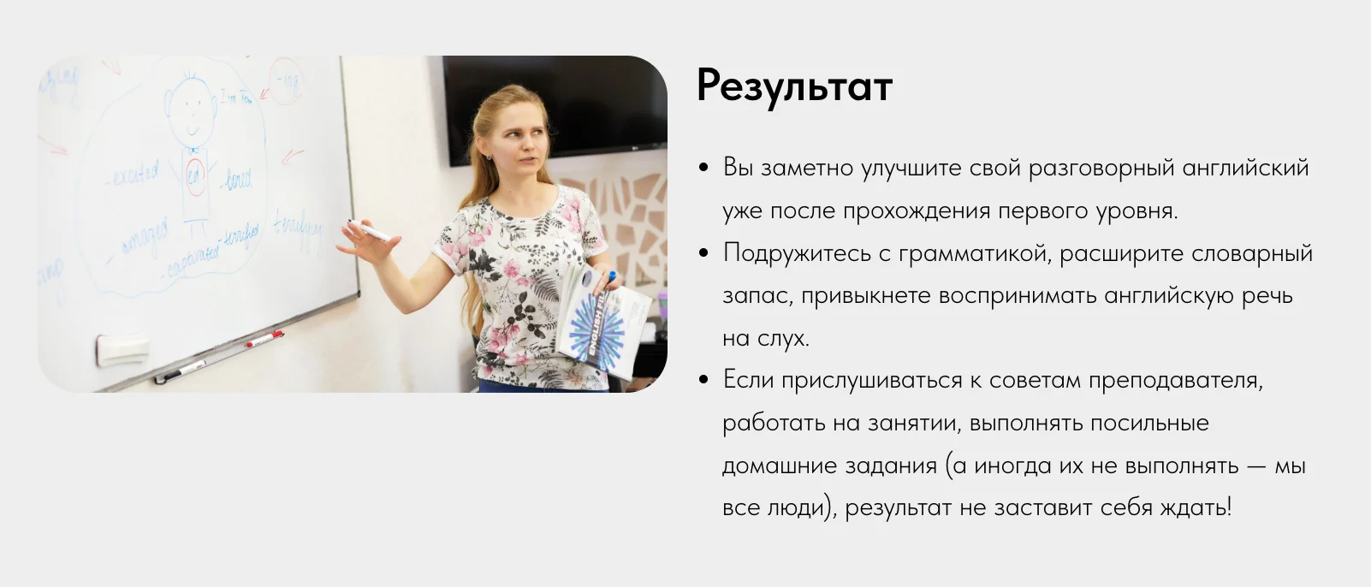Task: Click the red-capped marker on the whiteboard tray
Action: coord(265,339)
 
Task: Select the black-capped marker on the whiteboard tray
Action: coord(180,371)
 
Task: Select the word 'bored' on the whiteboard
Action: coord(238,180)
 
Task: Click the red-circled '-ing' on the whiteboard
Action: coord(287,82)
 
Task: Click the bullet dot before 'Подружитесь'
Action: coord(703,253)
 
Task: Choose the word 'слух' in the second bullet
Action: coord(783,338)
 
